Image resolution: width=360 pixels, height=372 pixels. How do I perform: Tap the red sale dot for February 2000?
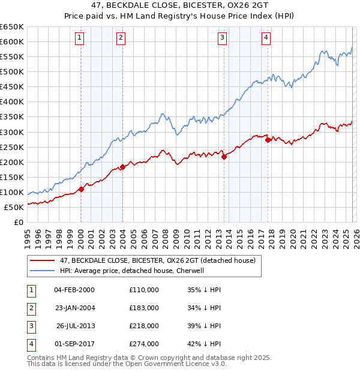81,189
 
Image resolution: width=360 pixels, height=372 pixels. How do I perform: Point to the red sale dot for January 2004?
122,167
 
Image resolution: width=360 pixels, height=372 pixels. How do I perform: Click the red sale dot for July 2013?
224,157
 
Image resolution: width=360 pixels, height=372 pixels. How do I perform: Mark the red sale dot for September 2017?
268,140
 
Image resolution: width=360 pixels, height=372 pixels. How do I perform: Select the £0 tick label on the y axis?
18,223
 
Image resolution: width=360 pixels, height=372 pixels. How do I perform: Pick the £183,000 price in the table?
143,308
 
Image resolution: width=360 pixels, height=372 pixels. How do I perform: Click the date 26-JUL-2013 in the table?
75,326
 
